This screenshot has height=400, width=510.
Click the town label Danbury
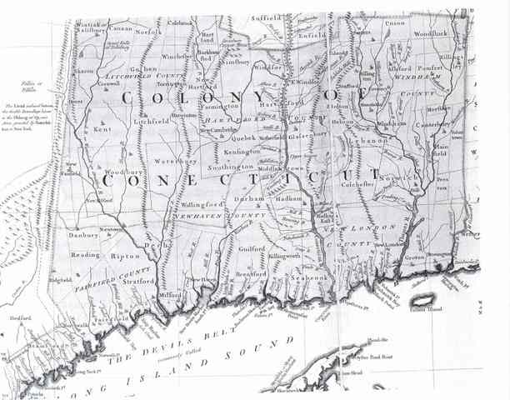(x=82, y=236)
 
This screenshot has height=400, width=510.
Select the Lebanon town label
(x=383, y=142)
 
